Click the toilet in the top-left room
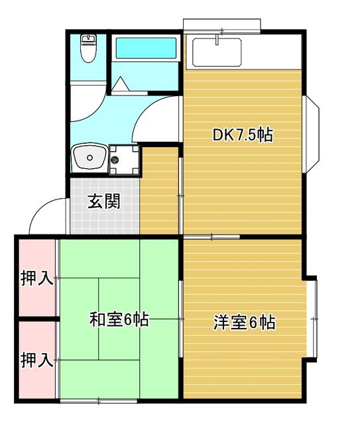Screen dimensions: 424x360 pos(88,47)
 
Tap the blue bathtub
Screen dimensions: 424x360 pos(147,49)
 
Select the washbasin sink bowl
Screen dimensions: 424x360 pos(88,158)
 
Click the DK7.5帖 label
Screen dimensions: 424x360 pos(243,135)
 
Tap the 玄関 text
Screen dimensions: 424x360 pos(105,201)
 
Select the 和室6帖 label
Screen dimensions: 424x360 pos(119,320)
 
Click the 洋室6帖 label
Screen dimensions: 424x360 pos(243,323)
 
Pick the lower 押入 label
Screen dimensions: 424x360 pos(36,360)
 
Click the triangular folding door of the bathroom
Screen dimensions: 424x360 pos(120,84)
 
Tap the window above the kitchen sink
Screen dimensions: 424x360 pos(221,25)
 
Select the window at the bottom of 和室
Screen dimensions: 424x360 pos(99,400)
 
